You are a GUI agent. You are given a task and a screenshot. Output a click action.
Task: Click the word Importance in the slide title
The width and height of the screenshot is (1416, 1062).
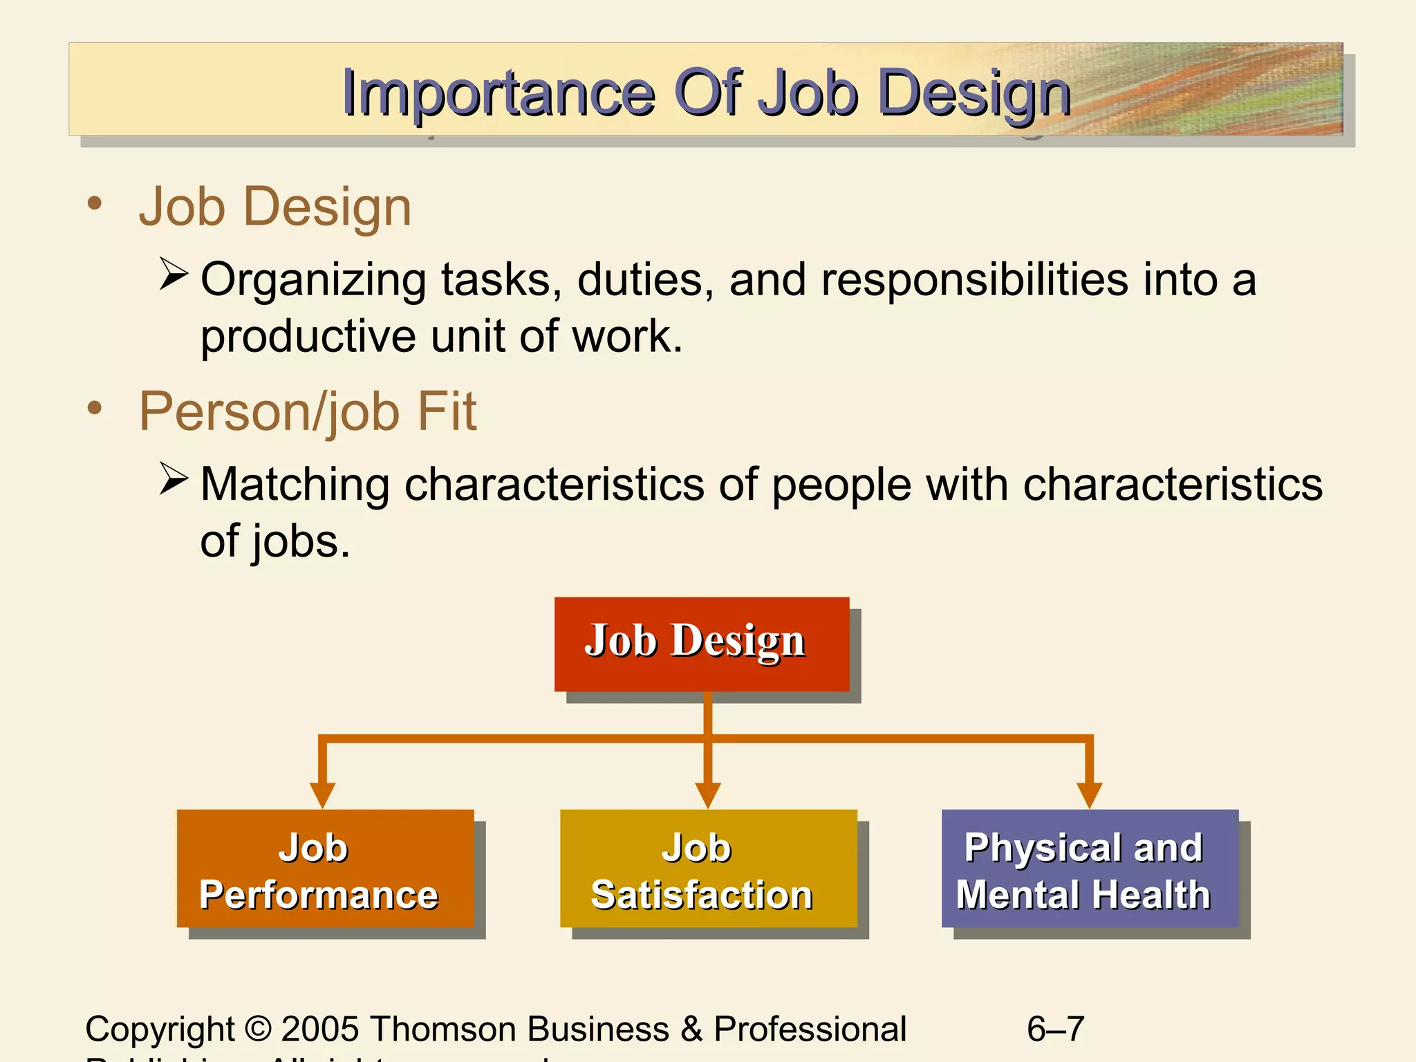(x=498, y=93)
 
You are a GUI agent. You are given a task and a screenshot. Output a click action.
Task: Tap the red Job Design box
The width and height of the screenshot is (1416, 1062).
(x=701, y=643)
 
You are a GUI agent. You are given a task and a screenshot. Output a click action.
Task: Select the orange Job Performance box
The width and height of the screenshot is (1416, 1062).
(x=325, y=868)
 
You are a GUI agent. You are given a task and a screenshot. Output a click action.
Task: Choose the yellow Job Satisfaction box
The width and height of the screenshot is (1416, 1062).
(x=708, y=868)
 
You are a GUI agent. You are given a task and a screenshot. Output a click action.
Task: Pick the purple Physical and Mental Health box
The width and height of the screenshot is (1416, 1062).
(x=1090, y=868)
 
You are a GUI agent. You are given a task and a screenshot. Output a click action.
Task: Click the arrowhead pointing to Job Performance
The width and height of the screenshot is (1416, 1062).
(x=322, y=794)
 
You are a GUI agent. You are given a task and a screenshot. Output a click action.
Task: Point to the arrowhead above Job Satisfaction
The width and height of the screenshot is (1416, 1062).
(x=708, y=794)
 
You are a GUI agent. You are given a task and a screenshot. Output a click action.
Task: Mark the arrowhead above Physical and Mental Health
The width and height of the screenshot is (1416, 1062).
(x=1090, y=794)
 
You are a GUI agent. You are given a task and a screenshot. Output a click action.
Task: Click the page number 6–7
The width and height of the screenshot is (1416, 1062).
(x=1055, y=1029)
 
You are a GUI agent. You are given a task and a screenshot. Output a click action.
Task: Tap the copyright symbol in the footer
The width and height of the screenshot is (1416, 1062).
(x=258, y=1029)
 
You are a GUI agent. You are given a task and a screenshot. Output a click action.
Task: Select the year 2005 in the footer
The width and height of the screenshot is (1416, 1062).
(x=320, y=1029)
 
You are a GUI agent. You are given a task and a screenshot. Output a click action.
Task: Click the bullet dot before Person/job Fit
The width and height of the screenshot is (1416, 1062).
(x=95, y=408)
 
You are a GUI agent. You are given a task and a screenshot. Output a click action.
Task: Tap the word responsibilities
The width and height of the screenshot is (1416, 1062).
(x=975, y=280)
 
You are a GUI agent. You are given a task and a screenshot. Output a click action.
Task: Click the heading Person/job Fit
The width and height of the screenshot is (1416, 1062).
(x=308, y=412)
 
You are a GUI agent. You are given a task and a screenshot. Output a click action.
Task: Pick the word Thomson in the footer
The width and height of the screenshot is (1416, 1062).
(x=443, y=1029)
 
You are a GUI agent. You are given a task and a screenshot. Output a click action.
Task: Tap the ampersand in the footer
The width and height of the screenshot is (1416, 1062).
(x=691, y=1029)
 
